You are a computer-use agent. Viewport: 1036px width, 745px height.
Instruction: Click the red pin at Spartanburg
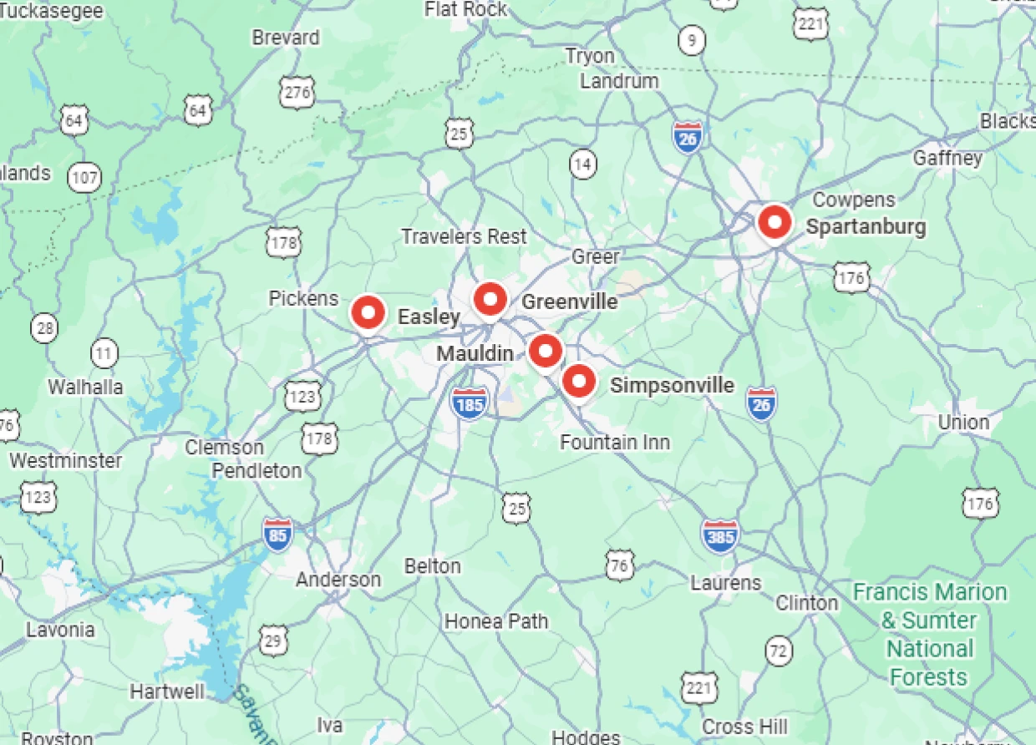point(774,223)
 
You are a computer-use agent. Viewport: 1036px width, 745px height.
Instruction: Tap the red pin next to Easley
point(368,312)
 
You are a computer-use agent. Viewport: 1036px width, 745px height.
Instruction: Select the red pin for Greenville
point(490,298)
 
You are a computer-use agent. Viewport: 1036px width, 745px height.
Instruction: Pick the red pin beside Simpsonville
point(578,382)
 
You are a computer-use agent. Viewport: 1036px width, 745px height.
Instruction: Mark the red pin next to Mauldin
point(546,351)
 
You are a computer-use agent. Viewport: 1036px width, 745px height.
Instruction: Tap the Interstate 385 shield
point(720,536)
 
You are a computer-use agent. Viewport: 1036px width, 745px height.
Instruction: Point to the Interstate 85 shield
point(278,535)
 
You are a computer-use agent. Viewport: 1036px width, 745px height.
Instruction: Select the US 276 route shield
point(297,93)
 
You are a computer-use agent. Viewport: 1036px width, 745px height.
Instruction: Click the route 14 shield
point(583,165)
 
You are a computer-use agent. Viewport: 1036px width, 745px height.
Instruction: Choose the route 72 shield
point(779,651)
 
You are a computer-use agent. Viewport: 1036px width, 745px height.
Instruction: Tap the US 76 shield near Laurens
point(619,565)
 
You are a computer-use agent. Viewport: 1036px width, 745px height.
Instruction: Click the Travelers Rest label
point(464,236)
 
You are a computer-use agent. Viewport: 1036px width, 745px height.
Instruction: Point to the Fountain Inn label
point(615,442)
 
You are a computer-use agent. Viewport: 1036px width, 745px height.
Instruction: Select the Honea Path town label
point(496,621)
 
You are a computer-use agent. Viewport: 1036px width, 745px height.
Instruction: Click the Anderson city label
point(338,580)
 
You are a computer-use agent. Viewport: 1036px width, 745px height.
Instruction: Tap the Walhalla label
point(85,387)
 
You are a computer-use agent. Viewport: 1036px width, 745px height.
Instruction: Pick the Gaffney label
point(947,158)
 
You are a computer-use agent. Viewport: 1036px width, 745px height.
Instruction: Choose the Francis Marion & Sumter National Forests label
point(929,635)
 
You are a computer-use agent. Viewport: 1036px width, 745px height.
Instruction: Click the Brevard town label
point(286,38)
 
